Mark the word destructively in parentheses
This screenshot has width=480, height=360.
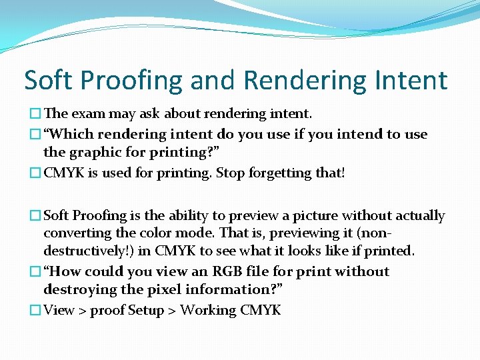[x=85, y=251]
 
